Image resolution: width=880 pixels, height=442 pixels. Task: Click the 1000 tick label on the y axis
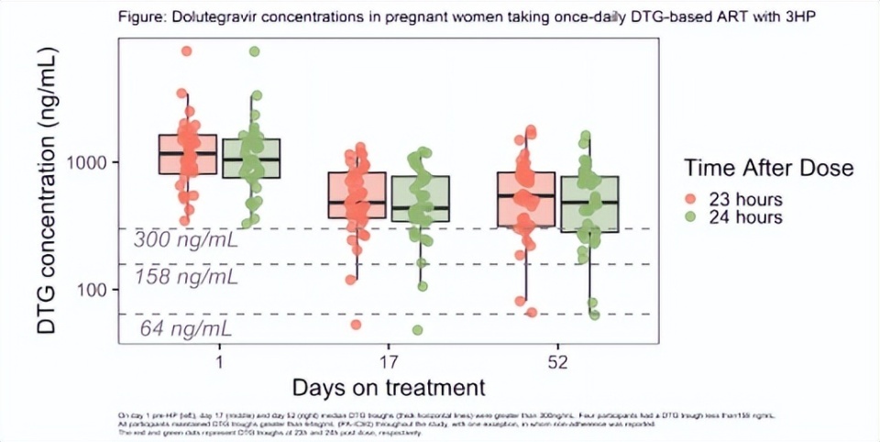pos(89,162)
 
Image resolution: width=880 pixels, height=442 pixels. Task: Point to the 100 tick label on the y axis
pos(95,289)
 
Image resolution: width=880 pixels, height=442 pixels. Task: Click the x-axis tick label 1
pos(220,361)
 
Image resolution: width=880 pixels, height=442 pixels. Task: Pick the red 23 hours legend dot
pos(691,199)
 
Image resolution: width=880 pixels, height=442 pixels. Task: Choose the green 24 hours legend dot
pos(691,217)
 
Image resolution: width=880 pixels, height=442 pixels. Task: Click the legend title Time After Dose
pos(768,168)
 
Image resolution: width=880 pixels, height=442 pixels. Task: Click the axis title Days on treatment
pos(388,386)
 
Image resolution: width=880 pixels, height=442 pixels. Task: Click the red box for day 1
pos(188,154)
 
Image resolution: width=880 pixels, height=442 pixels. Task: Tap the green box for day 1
pos(252,159)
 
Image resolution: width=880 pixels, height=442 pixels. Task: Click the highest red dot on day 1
pos(187,51)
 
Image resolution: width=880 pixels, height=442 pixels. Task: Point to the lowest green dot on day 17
pos(418,330)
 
